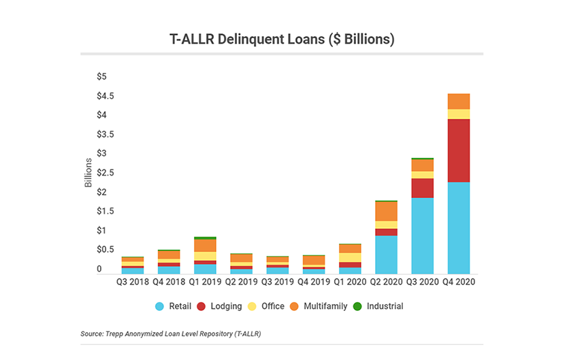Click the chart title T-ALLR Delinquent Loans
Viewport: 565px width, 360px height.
pos(282,39)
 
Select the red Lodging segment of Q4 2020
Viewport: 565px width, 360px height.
pos(458,150)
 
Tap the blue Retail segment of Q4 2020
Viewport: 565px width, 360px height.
pos(458,228)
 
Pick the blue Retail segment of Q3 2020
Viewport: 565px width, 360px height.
pos(422,235)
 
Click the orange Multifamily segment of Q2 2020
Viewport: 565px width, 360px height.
pos(386,211)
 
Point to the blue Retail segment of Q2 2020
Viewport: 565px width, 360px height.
pos(386,255)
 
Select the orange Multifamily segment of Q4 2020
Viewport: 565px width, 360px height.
pos(458,101)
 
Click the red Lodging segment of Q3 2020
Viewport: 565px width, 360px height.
pos(422,188)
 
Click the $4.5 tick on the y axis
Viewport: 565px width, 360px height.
pos(106,95)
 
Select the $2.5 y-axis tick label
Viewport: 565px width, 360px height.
pos(106,173)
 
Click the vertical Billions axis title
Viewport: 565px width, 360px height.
pos(88,173)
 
